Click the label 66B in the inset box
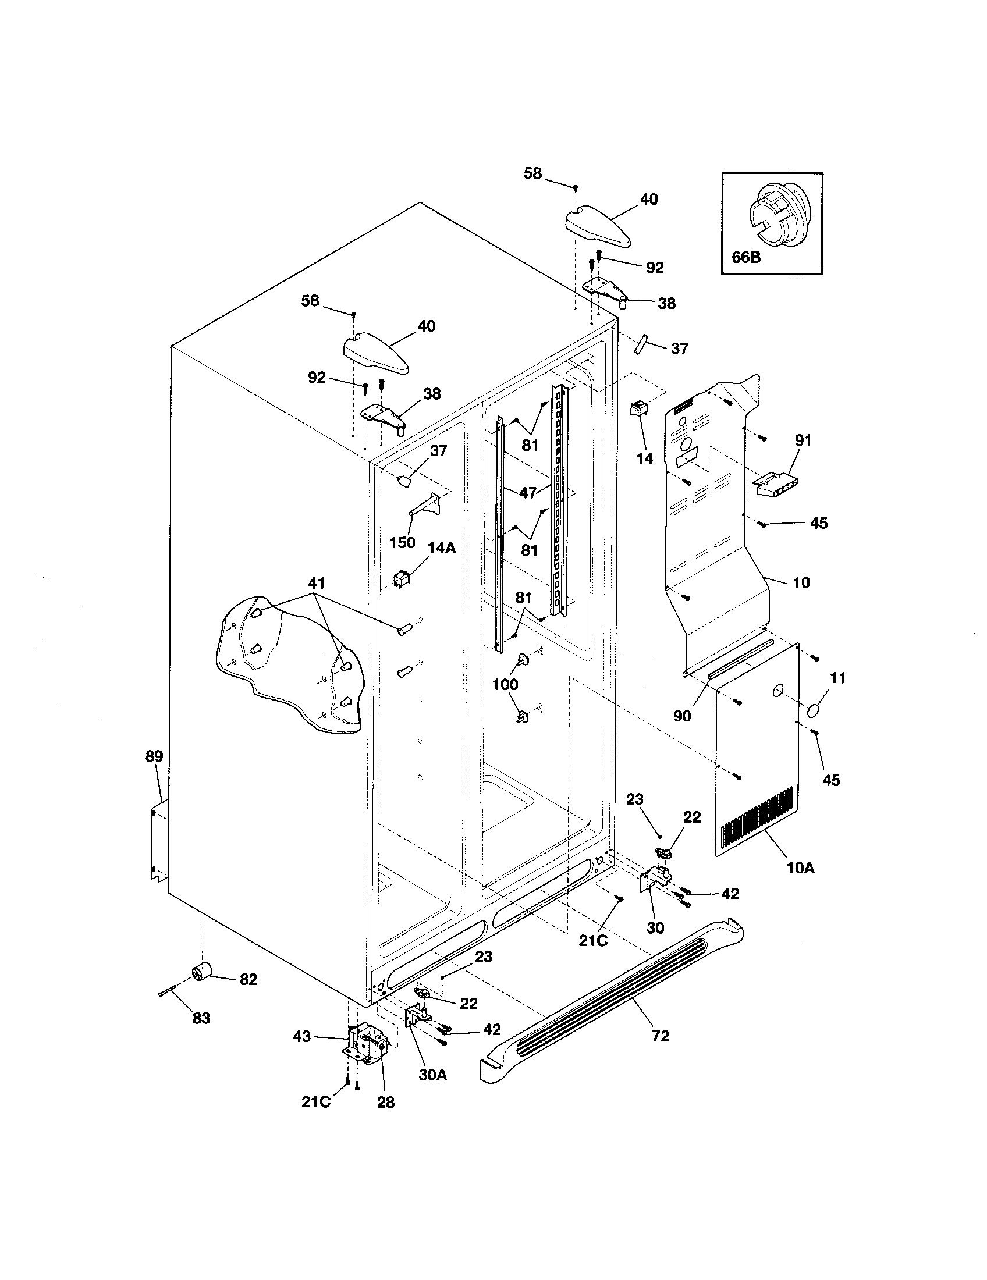click(745, 257)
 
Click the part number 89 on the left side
click(154, 756)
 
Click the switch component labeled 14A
click(402, 579)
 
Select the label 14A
click(441, 548)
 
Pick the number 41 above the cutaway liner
click(317, 583)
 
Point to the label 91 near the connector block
click(803, 440)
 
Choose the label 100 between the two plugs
click(505, 684)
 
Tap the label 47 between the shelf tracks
click(528, 493)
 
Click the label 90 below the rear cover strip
click(682, 716)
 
